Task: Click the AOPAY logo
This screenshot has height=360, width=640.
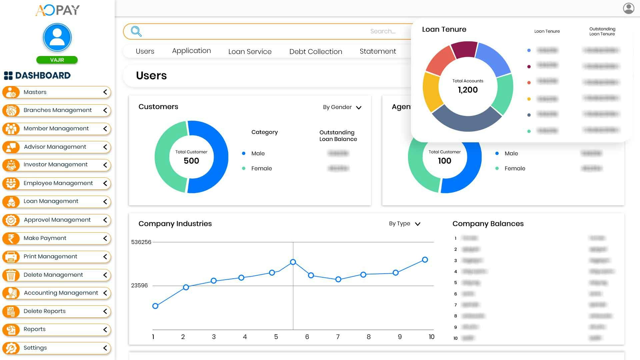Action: point(57,10)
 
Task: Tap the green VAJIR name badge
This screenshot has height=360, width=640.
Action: point(57,60)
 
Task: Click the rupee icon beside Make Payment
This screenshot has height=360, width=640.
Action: point(11,238)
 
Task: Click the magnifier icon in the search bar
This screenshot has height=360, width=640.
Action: point(136,31)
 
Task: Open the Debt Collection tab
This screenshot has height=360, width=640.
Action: point(315,52)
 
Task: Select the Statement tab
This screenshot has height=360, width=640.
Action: point(378,51)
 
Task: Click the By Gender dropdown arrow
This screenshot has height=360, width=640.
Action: point(359,108)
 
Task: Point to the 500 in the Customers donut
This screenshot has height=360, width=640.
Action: point(191,161)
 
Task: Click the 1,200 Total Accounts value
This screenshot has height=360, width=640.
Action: point(468,90)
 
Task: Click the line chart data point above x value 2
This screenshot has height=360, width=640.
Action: point(186,287)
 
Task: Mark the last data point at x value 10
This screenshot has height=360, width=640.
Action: point(425,260)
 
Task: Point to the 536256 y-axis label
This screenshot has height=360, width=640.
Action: point(141,242)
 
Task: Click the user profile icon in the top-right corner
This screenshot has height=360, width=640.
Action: point(629,8)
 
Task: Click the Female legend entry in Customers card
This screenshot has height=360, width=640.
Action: point(261,169)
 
